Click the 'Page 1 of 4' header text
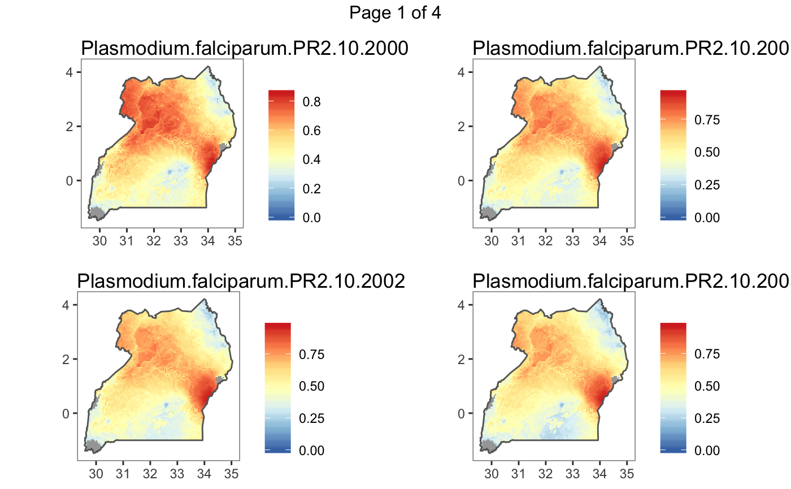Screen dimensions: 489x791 (x=395, y=12)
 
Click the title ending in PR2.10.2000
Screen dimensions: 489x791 (x=245, y=49)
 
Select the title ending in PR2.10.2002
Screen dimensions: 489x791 (x=241, y=281)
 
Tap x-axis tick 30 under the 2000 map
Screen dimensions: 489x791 (x=99, y=241)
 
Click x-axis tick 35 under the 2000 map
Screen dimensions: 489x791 (x=235, y=241)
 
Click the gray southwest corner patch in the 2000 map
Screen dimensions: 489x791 (x=98, y=214)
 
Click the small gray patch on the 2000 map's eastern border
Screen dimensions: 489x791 (x=222, y=147)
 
